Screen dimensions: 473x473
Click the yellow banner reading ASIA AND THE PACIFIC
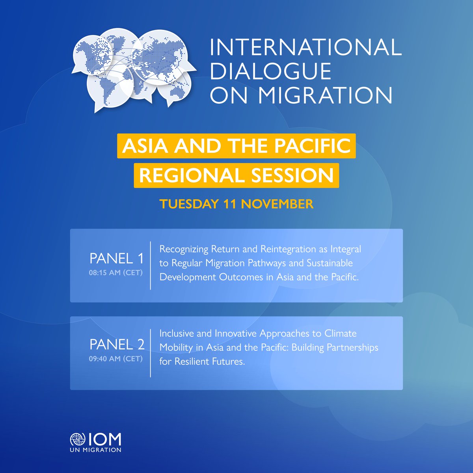236,146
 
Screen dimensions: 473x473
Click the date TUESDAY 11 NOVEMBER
236,204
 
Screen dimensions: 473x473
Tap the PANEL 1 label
117,259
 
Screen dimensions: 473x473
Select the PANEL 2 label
117,345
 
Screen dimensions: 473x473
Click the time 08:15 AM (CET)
115,272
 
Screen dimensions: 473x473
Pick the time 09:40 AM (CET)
115,359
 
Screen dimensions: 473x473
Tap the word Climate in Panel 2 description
340,333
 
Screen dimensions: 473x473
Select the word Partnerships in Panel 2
353,348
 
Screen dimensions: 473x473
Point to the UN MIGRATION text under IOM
95,450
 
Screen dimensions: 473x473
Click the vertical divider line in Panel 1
151,265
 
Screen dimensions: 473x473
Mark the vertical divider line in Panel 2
151,353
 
